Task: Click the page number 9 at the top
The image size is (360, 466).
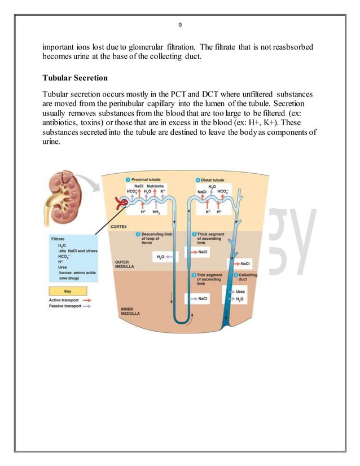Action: point(179,25)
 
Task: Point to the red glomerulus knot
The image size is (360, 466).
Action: point(120,202)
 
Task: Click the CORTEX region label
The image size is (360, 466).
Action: point(118,227)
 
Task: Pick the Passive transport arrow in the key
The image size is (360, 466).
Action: point(87,307)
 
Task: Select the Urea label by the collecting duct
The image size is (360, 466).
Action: point(240,292)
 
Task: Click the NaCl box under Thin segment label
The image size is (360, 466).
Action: point(201,298)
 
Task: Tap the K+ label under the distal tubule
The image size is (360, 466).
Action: point(208,212)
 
